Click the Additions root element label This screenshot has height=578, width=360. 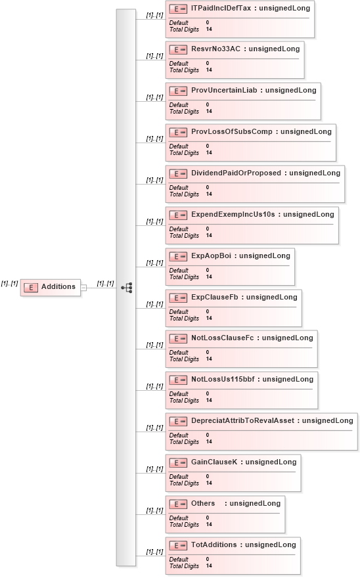(58, 286)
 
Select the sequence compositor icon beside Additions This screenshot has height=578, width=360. (127, 288)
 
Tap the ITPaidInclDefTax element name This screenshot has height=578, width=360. (221, 8)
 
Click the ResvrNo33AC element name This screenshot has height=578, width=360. (215, 49)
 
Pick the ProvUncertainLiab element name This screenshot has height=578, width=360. (224, 90)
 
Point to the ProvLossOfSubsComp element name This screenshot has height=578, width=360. (232, 131)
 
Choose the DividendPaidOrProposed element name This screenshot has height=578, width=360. (236, 173)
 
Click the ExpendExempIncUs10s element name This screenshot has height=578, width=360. (233, 214)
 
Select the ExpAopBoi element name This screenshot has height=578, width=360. (211, 256)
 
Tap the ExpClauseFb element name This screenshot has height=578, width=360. (215, 297)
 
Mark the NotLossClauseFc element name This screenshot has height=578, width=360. (223, 338)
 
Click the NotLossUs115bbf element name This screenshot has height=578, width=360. (223, 379)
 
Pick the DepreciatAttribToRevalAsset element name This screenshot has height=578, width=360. (242, 420)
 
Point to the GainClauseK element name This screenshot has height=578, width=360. (214, 462)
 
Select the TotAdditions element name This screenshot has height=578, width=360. (214, 545)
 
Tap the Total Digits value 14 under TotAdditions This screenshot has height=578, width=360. (209, 566)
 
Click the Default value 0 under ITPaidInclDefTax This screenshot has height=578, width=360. (208, 22)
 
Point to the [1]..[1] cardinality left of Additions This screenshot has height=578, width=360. (9, 284)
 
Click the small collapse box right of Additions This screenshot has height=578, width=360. (83, 288)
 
